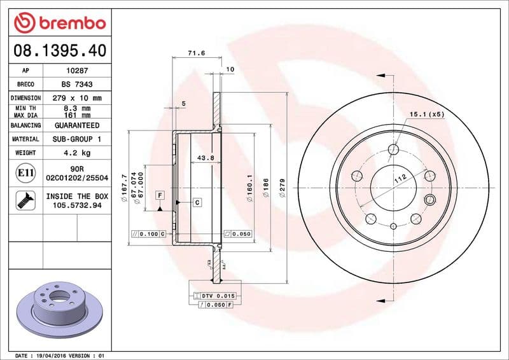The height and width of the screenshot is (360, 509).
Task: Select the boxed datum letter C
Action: click(197, 202)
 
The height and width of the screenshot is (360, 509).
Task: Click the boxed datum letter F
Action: click(160, 194)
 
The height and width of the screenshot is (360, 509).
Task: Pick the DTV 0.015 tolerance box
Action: click(218, 296)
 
